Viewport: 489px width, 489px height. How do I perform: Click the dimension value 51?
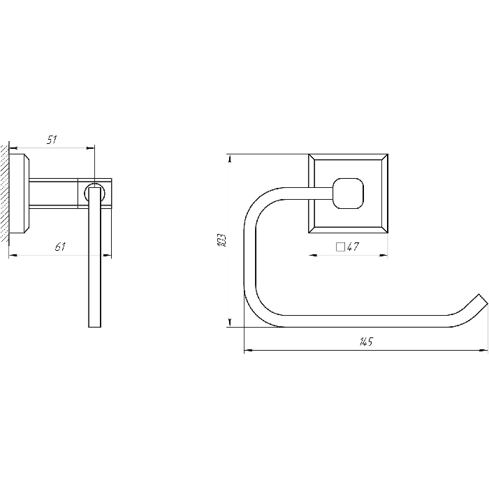(52, 140)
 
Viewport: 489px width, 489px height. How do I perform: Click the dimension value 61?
(60, 247)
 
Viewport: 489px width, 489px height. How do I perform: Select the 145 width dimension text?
(366, 342)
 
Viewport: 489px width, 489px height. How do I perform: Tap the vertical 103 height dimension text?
(221, 240)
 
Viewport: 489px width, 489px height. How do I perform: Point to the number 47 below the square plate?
(353, 247)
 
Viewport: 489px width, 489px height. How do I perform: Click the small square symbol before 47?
(340, 247)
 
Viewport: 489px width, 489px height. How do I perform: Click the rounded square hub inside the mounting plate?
(349, 194)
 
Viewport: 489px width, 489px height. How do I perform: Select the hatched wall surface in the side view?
(4, 193)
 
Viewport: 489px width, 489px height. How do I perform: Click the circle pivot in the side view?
(95, 194)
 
